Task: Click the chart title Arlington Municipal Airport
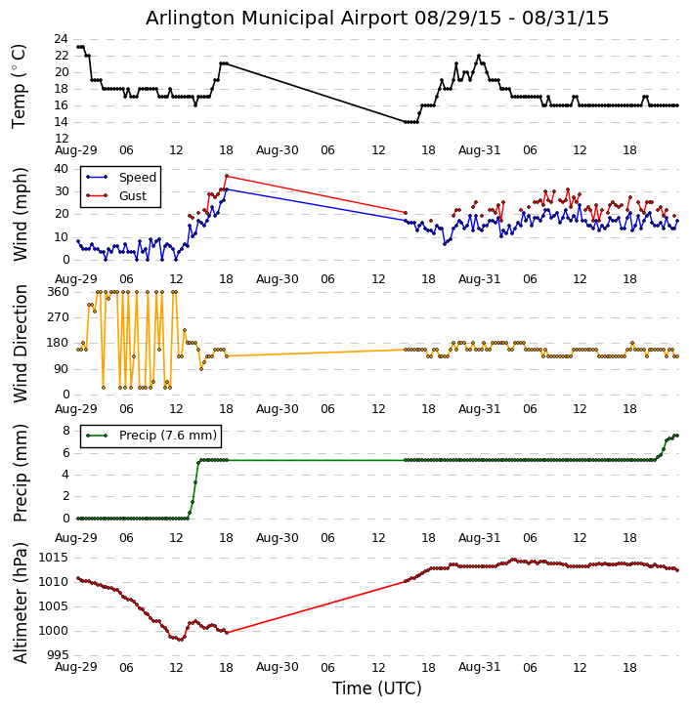[x=377, y=18]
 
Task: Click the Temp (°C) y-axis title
[x=20, y=86]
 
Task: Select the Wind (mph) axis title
[x=20, y=214]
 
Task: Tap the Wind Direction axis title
[x=20, y=343]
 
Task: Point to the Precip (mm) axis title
[x=20, y=472]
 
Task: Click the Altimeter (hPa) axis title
[x=20, y=603]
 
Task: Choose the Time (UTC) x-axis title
[x=377, y=688]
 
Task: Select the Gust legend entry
[x=133, y=196]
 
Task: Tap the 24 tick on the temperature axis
[x=61, y=39]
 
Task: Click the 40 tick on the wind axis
[x=61, y=168]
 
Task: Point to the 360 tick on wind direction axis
[x=57, y=292]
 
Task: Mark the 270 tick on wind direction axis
[x=57, y=317]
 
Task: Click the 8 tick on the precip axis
[x=65, y=431]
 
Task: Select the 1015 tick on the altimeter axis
[x=53, y=557]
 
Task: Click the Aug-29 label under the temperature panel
[x=76, y=150]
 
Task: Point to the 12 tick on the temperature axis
[x=61, y=139]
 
